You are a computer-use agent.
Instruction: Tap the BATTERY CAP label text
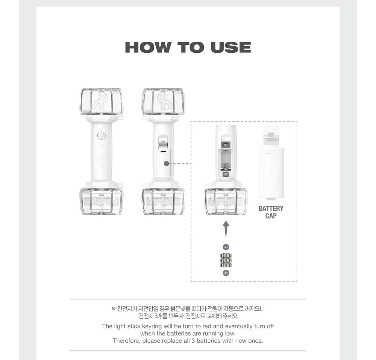[271, 212]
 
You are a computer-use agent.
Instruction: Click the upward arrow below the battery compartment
[226, 229]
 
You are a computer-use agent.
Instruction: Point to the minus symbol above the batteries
[226, 247]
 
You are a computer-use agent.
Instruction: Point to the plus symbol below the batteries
[226, 273]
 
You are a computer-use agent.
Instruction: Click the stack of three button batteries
[226, 260]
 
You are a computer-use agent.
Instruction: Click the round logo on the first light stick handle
[101, 136]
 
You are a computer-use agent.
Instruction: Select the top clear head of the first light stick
[101, 102]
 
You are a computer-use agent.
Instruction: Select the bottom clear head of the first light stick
[101, 202]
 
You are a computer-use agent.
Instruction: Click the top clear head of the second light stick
[163, 102]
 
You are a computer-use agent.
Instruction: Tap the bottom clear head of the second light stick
[163, 202]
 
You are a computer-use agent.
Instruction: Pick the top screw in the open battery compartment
[226, 144]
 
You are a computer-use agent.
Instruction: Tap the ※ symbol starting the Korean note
[114, 309]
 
